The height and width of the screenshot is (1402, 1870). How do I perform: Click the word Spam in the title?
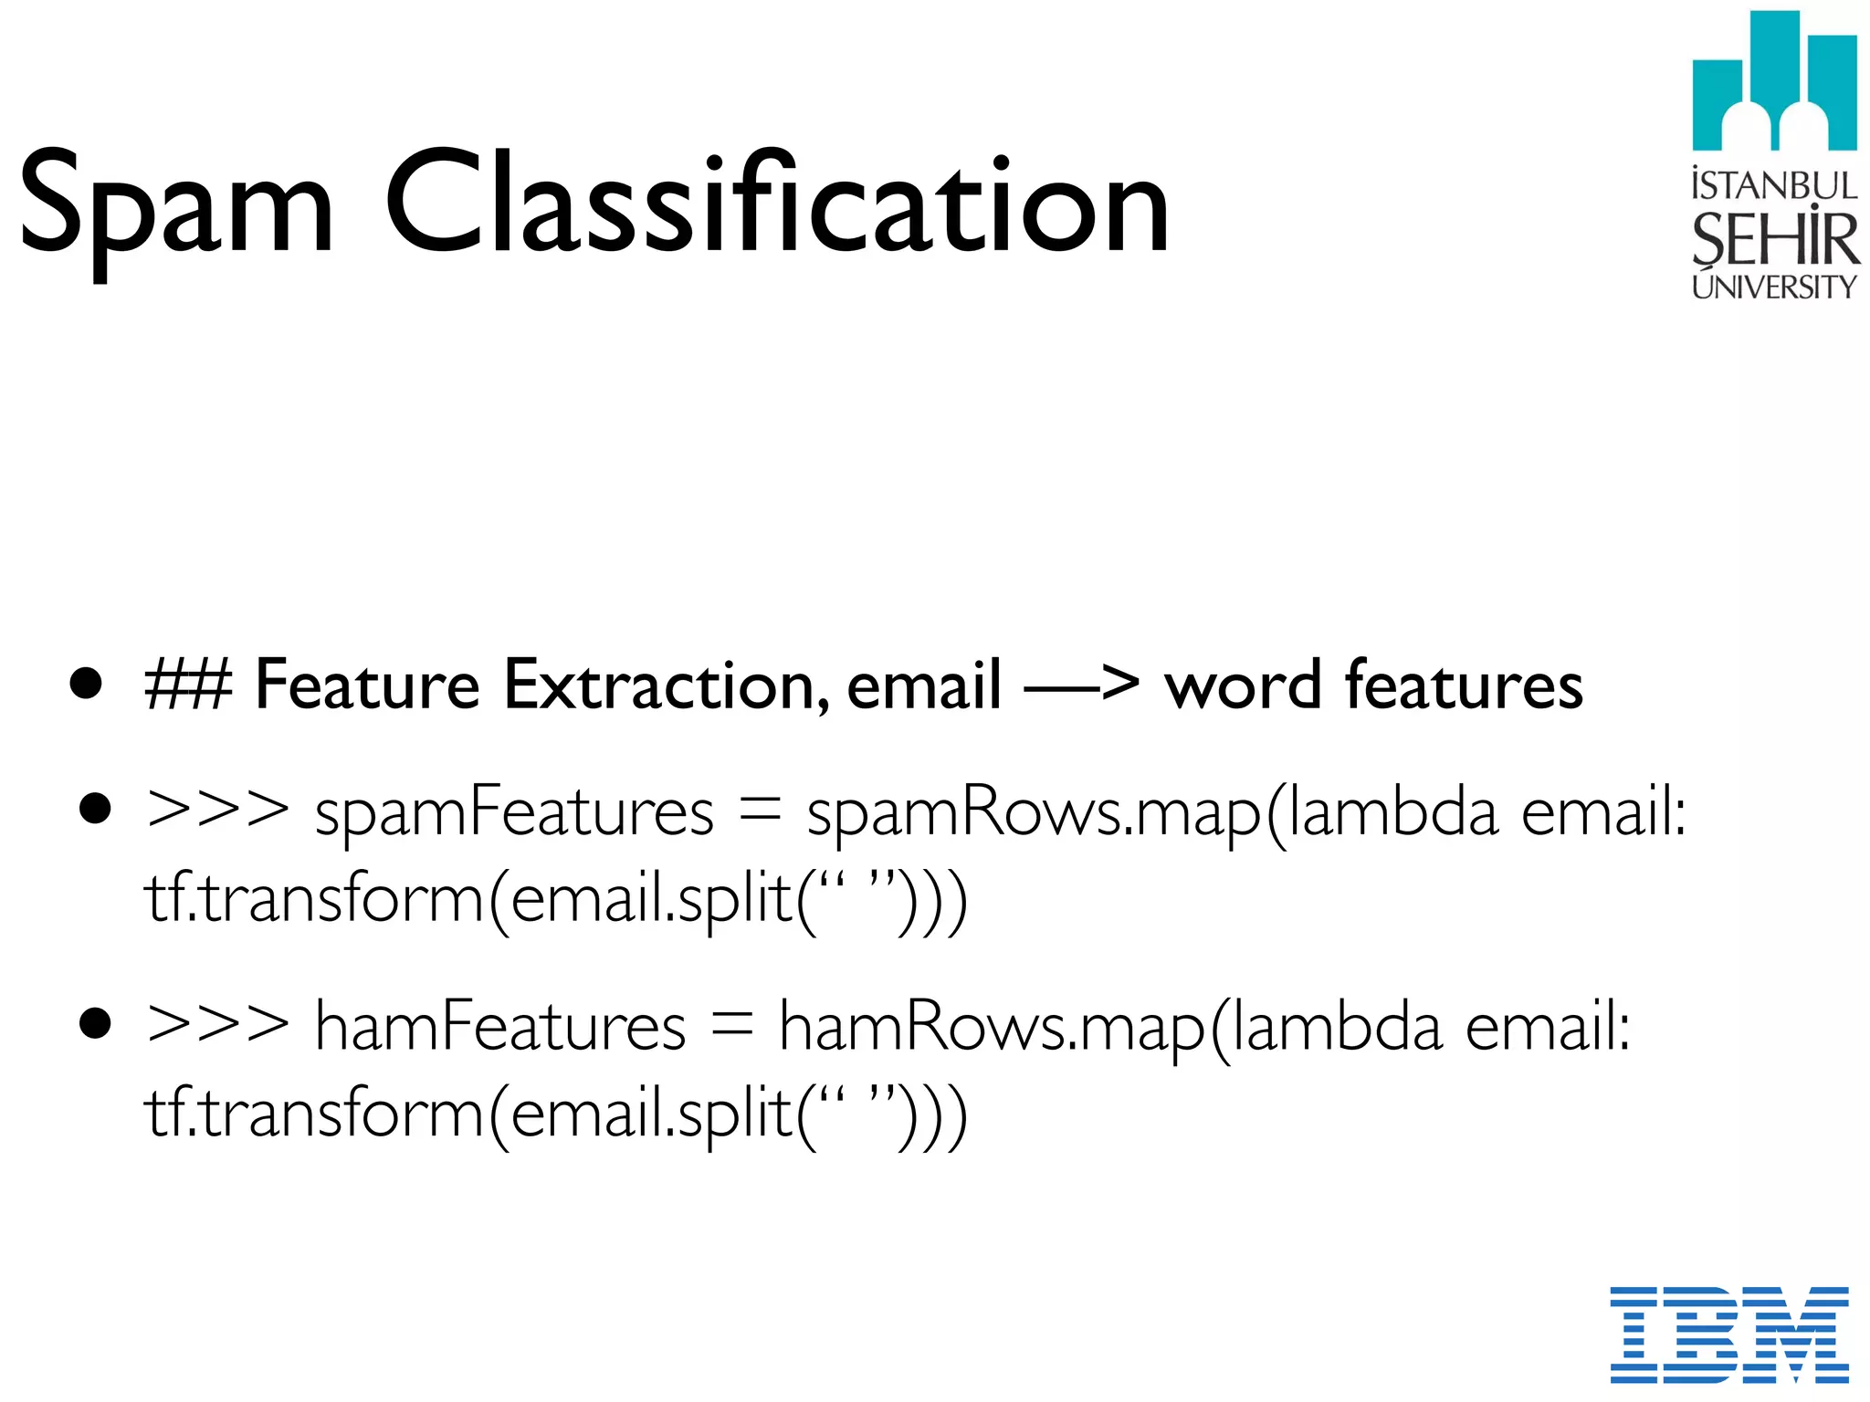176,205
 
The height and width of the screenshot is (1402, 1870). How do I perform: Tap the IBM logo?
1728,1334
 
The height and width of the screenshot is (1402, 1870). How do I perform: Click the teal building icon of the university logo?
1773,82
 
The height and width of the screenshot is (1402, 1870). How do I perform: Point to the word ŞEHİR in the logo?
1773,239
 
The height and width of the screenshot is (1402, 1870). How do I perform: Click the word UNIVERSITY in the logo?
1773,287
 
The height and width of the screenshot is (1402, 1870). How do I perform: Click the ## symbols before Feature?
188,685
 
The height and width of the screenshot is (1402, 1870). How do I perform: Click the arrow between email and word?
1081,685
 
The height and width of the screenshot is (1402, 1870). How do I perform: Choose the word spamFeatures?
514,811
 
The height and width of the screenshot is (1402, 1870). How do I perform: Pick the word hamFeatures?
499,1026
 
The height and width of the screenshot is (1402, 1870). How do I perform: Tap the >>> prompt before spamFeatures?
217,810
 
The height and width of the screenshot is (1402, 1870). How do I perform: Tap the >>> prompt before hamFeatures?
217,1024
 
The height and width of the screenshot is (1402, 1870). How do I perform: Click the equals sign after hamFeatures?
731,1026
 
